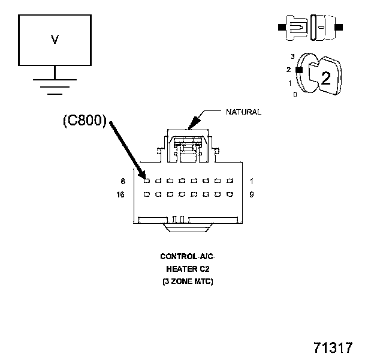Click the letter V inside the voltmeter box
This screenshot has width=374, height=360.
coord(55,40)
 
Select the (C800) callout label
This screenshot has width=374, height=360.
coord(85,121)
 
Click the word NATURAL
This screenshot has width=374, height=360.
coord(243,112)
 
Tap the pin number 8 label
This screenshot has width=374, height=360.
coord(122,181)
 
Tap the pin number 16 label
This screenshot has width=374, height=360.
coord(120,194)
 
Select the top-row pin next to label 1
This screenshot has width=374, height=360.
coord(231,181)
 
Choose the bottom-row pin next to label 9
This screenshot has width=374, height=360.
coord(231,194)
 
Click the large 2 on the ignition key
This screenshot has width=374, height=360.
coord(325,77)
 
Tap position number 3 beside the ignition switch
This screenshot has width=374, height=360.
coord(292,56)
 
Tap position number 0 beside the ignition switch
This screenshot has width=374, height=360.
coord(294,94)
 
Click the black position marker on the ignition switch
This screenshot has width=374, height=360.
coord(298,70)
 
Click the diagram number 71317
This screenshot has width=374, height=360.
coord(333,347)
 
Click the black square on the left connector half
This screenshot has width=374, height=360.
coord(280,27)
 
